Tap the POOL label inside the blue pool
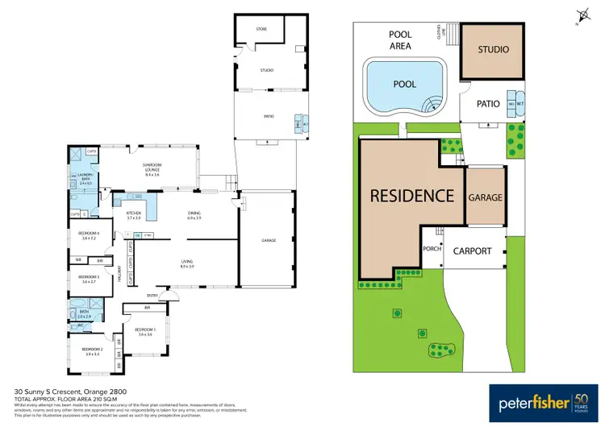pos(404,84)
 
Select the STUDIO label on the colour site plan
pos(493,50)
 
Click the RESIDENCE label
pos(411,196)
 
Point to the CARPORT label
pos(471,251)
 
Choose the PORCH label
pos(432,249)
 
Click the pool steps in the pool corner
pos(434,102)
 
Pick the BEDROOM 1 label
pos(144,331)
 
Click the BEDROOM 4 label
pos(88,235)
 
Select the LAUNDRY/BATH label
pos(86,181)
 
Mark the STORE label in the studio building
pos(261,29)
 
